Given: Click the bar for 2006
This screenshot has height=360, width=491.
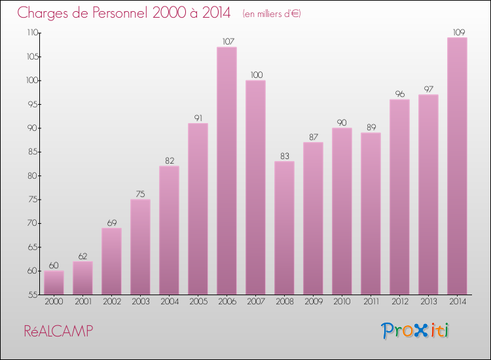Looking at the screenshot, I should [227, 170].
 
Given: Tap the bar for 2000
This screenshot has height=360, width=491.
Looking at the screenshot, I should [54, 282].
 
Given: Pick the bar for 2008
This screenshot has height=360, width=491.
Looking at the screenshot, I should [284, 227].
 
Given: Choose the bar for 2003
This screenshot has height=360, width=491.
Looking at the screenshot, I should [140, 246].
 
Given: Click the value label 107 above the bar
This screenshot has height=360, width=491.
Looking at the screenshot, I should [227, 42].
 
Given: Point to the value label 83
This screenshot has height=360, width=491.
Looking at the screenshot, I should [284, 156].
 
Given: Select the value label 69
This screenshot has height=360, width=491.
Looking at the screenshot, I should [111, 223].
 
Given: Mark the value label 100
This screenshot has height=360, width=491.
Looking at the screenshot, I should [255, 75].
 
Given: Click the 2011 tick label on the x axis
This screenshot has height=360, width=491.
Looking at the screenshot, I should [371, 302].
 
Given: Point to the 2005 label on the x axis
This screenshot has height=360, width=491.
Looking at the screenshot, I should [198, 302].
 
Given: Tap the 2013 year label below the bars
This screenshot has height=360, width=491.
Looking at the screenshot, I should [428, 302].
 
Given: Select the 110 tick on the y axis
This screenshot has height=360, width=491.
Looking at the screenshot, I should [31, 33].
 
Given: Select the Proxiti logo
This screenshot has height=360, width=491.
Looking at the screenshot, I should [416, 331].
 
